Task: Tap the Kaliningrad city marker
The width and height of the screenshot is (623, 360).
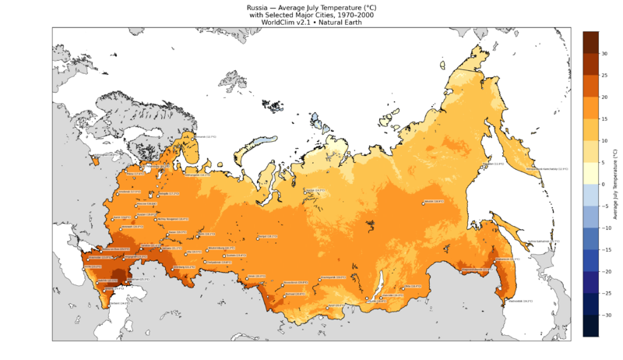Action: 94,154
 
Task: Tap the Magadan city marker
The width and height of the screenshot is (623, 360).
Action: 485,164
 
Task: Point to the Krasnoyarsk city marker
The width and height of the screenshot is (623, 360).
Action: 321,277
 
